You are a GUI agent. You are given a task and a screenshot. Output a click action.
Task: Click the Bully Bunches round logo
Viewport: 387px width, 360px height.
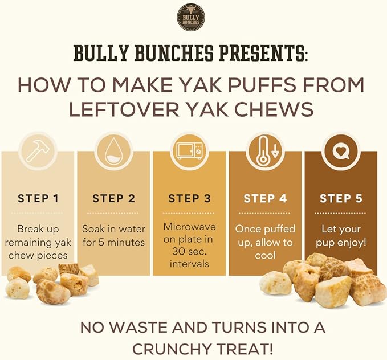(x=190, y=17)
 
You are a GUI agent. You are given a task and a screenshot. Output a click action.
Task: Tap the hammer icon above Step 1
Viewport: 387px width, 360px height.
(x=38, y=150)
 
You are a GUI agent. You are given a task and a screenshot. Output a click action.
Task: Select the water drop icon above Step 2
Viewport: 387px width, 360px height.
(x=113, y=150)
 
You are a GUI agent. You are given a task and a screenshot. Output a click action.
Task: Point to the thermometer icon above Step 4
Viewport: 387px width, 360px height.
(x=265, y=150)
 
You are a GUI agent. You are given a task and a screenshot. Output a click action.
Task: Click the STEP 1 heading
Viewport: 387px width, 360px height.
(x=38, y=199)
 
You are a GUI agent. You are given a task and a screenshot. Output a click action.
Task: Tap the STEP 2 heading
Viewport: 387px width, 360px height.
(x=113, y=199)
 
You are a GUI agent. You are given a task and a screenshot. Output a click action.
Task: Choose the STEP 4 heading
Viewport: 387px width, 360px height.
(x=265, y=199)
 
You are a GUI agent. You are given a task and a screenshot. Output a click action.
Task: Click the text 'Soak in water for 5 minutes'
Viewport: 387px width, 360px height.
(x=113, y=235)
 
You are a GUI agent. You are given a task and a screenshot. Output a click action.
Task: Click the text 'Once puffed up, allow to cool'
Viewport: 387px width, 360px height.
(x=265, y=242)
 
